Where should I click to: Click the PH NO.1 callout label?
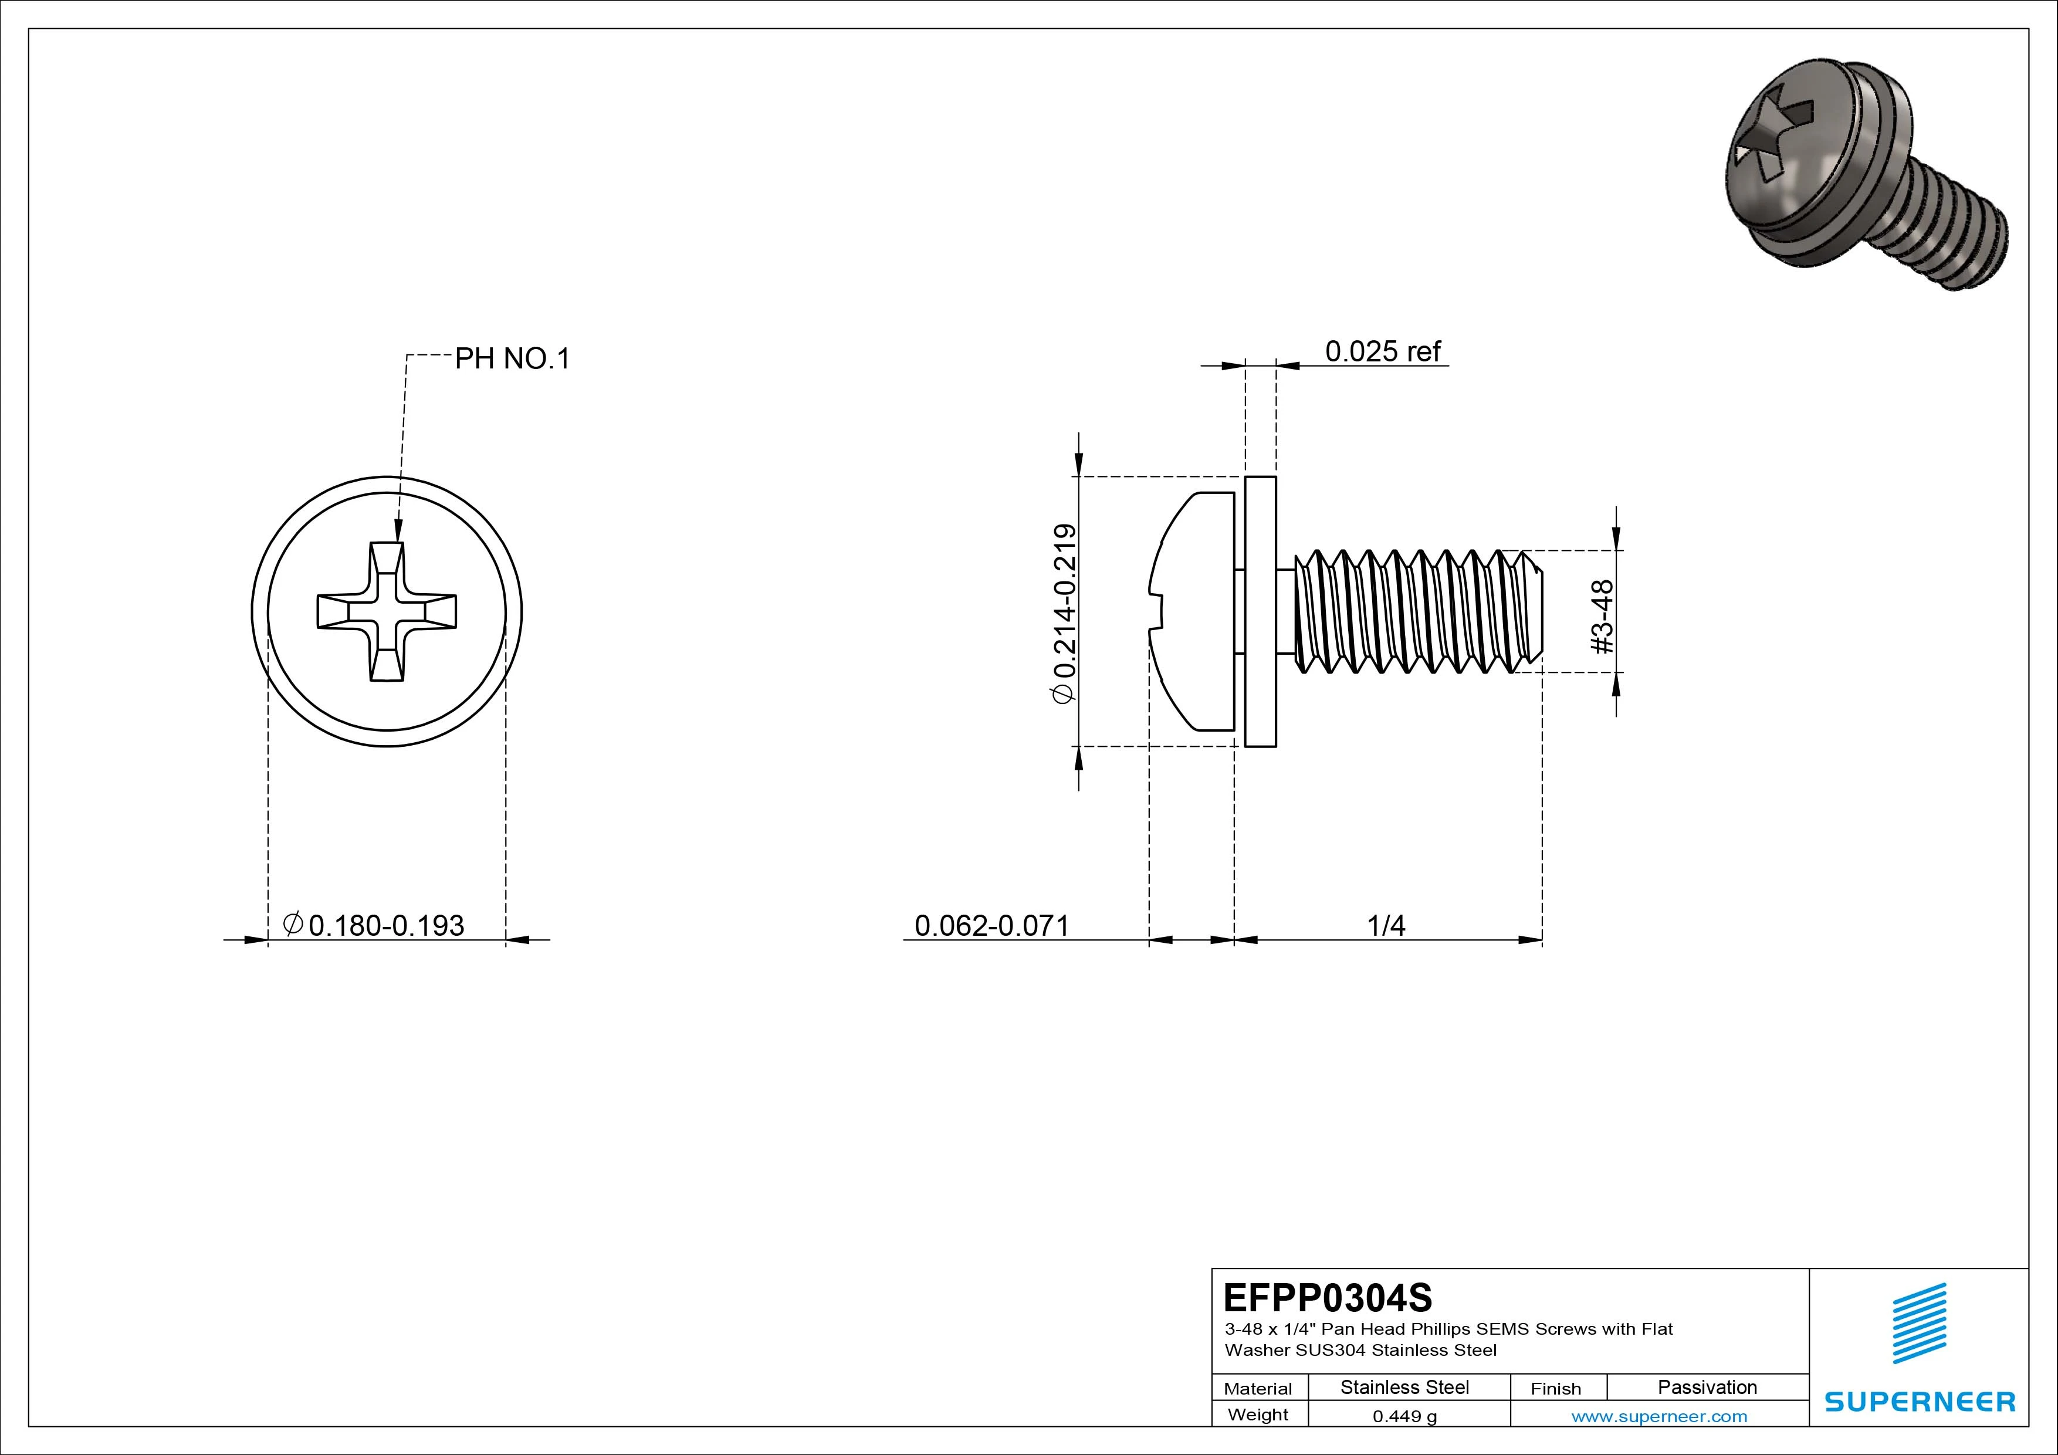pos(512,358)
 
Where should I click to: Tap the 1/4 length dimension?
pos(1386,925)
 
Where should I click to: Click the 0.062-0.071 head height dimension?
pos(991,925)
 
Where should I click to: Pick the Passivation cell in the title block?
pos(1707,1387)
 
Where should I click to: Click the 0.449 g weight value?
pos(1404,1416)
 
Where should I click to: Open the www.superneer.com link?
pos(1659,1416)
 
